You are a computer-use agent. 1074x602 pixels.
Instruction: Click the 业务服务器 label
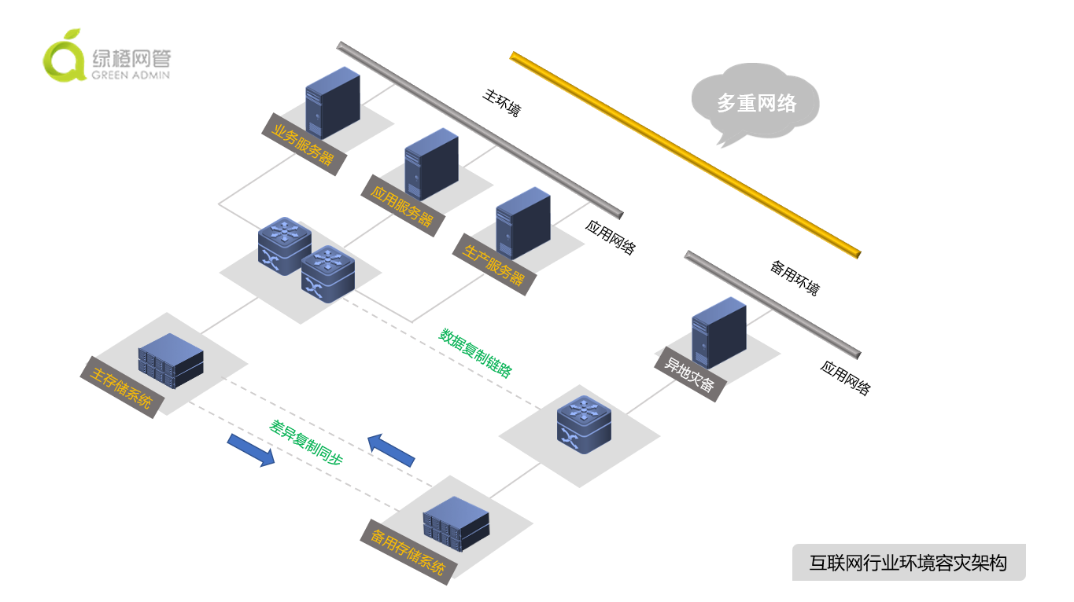pos(304,144)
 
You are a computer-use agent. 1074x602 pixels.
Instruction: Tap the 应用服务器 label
pos(403,205)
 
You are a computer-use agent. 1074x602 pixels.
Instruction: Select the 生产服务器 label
pos(494,264)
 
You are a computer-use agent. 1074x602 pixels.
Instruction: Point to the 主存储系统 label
pos(122,387)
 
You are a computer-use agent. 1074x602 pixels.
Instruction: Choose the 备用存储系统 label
pos(408,552)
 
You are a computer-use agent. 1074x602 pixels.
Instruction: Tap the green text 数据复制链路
pos(475,353)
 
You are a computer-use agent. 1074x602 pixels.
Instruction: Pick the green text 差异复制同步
pos(306,442)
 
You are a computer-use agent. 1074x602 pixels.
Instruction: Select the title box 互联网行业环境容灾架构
pos(909,562)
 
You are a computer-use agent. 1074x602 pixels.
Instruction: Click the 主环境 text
pos(501,103)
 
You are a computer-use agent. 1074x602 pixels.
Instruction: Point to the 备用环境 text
pos(795,277)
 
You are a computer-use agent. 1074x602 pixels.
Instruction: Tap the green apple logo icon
pos(65,56)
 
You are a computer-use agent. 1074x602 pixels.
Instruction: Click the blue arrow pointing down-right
pos(251,450)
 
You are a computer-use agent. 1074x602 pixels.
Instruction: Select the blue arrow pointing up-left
pos(391,450)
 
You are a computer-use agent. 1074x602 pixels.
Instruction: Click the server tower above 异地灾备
pos(719,332)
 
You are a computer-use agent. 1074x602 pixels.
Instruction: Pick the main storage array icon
pos(171,361)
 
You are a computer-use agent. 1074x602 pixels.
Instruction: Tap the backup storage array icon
pos(456,524)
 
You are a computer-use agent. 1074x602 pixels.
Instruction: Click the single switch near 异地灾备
pos(584,424)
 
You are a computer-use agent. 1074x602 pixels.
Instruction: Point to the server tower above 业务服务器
pos(333,103)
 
